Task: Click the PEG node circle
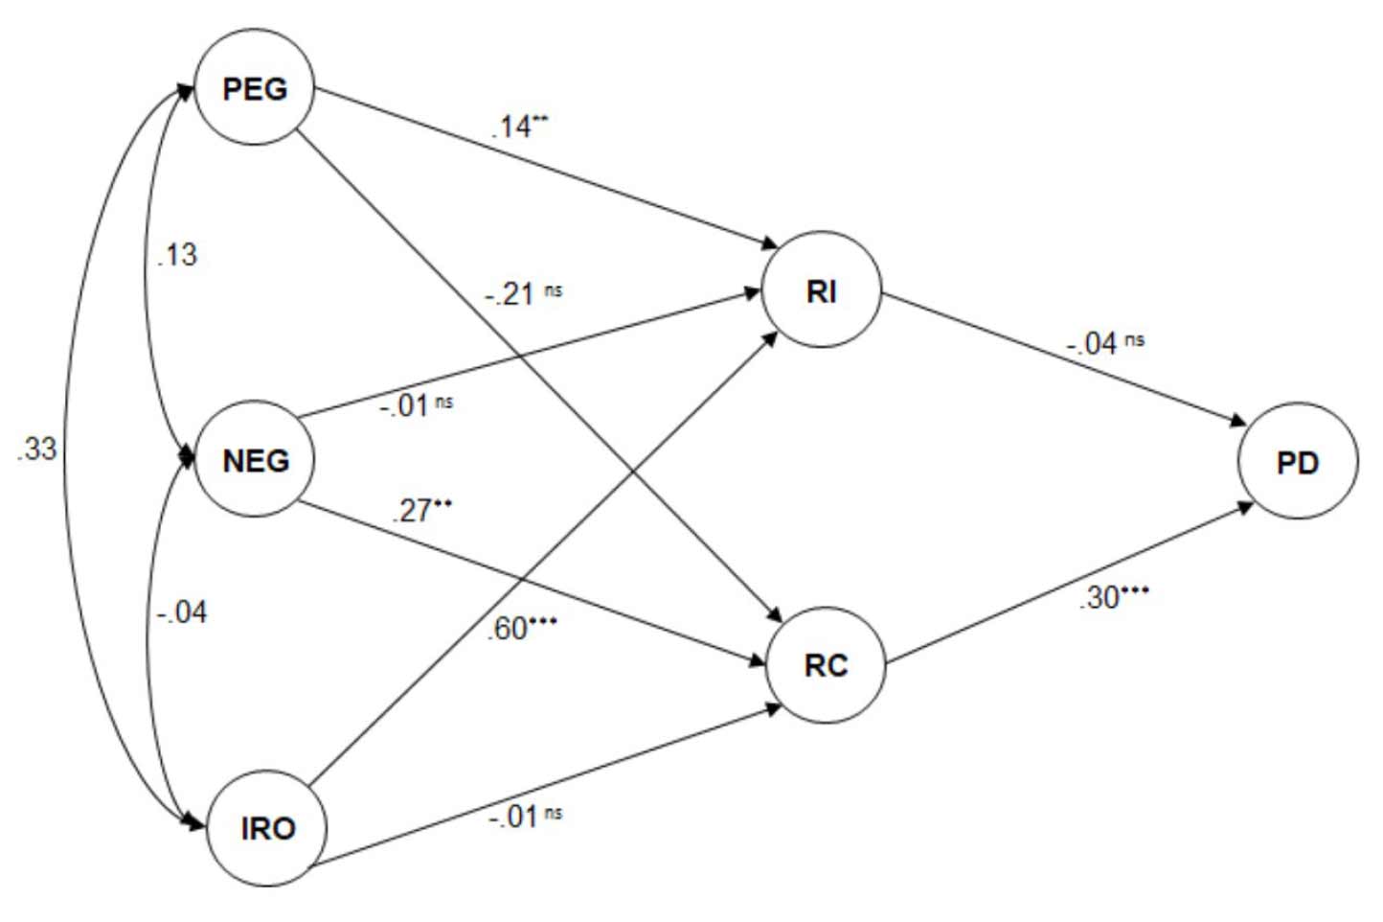click(x=254, y=88)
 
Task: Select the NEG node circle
click(x=255, y=460)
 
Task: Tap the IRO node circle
click(x=267, y=827)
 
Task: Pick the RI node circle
click(x=821, y=290)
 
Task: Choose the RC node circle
click(x=826, y=664)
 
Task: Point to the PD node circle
click(x=1297, y=462)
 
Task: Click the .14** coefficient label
click(x=519, y=126)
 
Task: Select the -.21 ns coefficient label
click(x=523, y=292)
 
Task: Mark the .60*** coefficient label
click(x=522, y=628)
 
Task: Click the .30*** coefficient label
click(x=1113, y=597)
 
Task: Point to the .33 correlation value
click(x=37, y=448)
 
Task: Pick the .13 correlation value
click(x=177, y=254)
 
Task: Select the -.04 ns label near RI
click(x=1105, y=342)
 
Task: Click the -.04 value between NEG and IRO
click(x=182, y=611)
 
